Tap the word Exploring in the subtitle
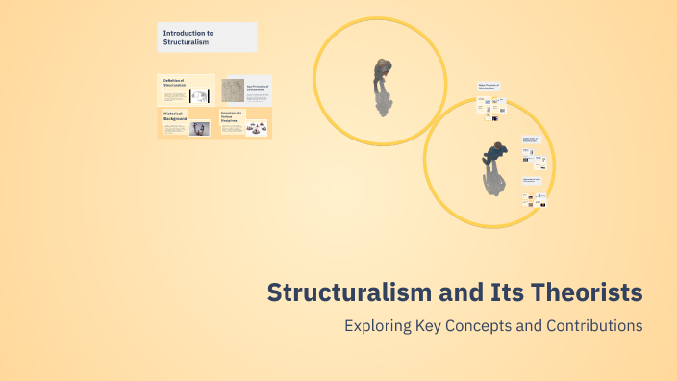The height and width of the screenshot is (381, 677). (x=378, y=325)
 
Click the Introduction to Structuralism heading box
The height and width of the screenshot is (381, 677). (x=207, y=38)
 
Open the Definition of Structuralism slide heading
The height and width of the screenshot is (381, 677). (x=173, y=84)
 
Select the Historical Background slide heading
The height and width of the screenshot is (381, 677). (x=175, y=115)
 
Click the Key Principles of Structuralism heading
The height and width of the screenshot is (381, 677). (x=259, y=89)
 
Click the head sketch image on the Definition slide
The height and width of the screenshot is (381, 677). (x=199, y=95)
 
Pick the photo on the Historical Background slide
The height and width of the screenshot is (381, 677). (x=200, y=129)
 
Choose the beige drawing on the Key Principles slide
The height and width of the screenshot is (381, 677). (x=233, y=90)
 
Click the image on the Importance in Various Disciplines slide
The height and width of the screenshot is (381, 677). (x=255, y=128)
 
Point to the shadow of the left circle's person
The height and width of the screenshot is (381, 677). (x=383, y=100)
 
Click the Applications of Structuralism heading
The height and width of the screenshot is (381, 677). (x=532, y=139)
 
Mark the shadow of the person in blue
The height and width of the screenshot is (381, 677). (x=492, y=180)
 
